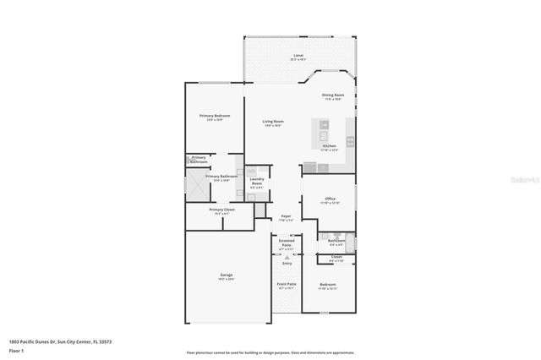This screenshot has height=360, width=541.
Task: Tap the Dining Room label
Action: coord(333,96)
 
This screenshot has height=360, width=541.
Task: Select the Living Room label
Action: coord(273,123)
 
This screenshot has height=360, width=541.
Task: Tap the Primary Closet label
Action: coord(221,210)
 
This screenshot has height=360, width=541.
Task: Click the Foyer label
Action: coord(287,218)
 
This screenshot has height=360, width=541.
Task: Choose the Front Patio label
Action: coord(287,286)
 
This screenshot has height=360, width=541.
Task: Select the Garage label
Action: coord(227,276)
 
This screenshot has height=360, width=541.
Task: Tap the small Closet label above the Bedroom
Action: coord(336,258)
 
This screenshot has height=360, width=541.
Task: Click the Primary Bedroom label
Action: coord(215,117)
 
